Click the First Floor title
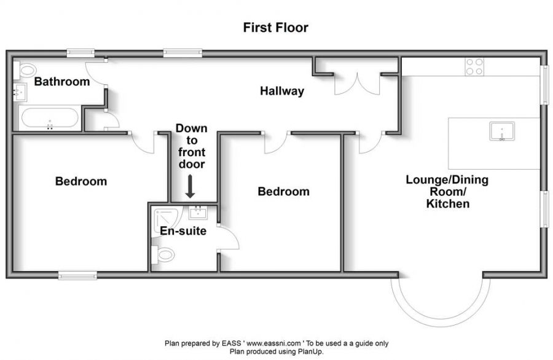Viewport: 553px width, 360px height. (276, 28)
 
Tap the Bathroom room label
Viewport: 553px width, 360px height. (62, 82)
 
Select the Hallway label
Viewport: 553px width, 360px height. (282, 91)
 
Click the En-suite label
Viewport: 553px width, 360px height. (183, 231)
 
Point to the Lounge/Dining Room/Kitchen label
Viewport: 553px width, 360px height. (447, 192)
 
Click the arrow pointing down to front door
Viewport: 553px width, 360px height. (190, 187)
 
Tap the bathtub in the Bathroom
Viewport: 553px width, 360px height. (50, 118)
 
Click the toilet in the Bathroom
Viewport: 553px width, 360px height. (25, 70)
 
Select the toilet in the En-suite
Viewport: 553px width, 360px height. (163, 254)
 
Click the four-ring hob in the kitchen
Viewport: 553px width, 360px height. (474, 67)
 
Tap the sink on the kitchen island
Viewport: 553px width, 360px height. (502, 131)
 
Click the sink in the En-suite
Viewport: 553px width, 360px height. (198, 213)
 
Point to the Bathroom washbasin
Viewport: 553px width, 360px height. (20, 92)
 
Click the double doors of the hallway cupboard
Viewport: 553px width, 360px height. (357, 85)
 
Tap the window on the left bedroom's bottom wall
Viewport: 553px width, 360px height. (77, 275)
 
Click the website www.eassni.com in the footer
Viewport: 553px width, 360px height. (273, 343)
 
